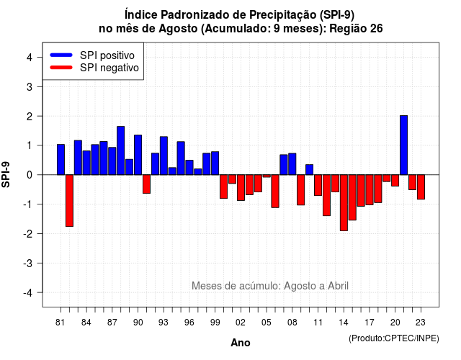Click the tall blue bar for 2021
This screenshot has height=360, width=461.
tap(403, 145)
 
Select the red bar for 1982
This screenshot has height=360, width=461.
tap(69, 201)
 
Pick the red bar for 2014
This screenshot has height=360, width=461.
tap(344, 203)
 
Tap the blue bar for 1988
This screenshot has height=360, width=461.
tap(121, 150)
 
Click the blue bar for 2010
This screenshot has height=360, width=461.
tap(309, 170)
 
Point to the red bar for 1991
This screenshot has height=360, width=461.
tap(146, 184)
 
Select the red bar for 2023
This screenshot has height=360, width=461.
tap(421, 187)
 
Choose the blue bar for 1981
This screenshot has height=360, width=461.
tap(61, 160)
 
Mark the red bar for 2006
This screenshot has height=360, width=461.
tap(275, 192)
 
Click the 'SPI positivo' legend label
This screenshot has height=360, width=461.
tap(107, 55)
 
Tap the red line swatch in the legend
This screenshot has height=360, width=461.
tap(61, 68)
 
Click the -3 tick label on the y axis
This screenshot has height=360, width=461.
tap(28, 264)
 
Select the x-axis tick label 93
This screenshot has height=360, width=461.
tap(164, 323)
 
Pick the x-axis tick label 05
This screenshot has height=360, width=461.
tap(267, 323)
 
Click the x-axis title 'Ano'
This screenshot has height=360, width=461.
tap(241, 343)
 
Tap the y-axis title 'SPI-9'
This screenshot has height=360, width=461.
tap(6, 174)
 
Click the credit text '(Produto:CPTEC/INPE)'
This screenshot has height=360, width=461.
tap(394, 338)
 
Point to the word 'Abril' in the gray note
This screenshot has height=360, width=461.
tap(338, 286)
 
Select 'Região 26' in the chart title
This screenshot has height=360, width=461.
tap(356, 29)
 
